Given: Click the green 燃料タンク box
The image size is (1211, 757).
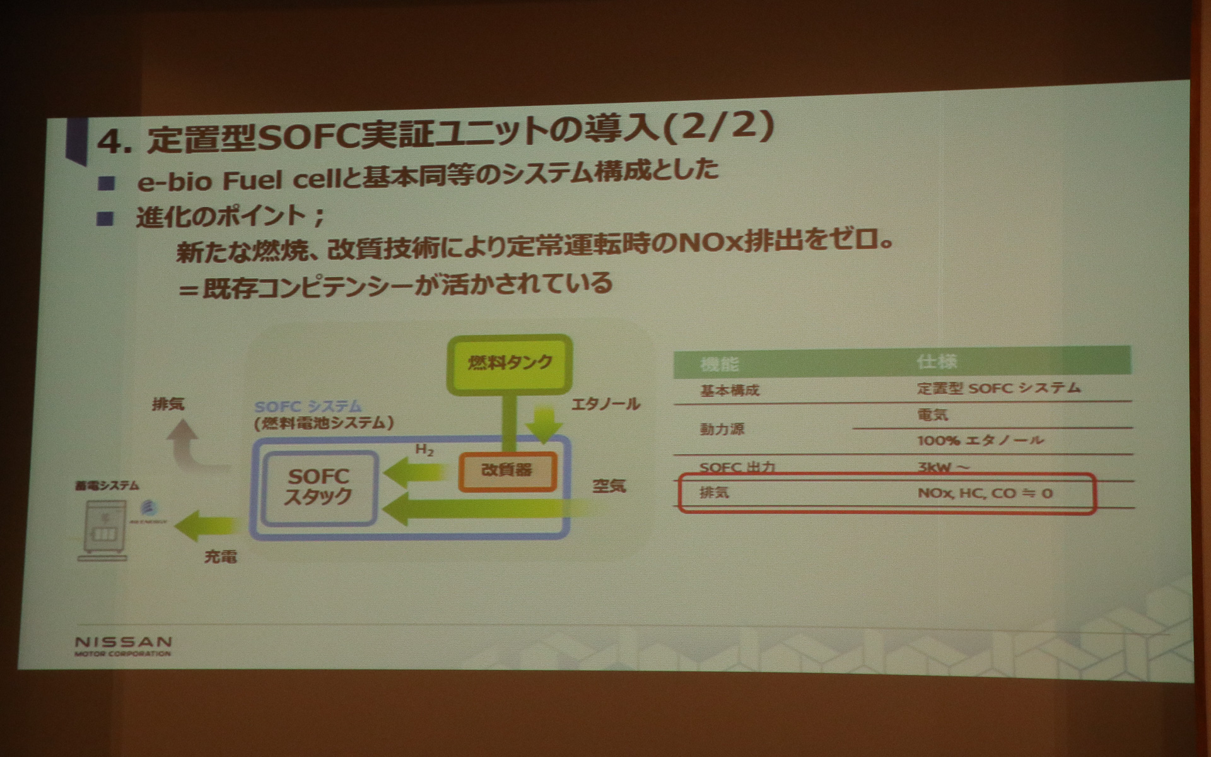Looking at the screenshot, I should [509, 363].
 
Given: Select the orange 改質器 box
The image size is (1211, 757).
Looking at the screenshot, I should [507, 471].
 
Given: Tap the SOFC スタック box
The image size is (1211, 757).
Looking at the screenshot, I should [319, 487].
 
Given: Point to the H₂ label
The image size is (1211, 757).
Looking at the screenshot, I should [424, 450].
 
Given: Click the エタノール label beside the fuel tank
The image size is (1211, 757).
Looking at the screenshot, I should [605, 404].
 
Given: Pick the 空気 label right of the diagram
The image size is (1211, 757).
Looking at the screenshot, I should [609, 486].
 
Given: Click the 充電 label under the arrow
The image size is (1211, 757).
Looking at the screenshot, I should [220, 556].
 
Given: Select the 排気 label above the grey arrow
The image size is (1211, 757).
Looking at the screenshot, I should [168, 404].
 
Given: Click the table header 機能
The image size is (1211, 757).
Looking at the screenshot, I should [719, 364].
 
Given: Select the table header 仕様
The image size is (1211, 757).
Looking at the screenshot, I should [937, 361].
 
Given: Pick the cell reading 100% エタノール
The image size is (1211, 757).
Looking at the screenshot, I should [980, 440].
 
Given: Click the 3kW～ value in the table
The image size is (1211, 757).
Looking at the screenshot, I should [944, 467].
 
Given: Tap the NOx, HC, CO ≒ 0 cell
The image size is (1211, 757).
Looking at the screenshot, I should [985, 493].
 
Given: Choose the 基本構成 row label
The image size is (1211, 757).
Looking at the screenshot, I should [729, 390].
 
